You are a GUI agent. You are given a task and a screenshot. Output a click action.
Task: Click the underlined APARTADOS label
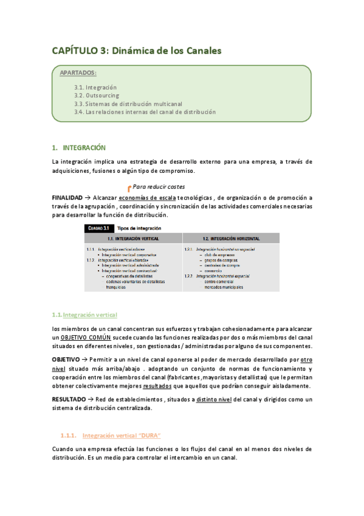[x=78, y=73]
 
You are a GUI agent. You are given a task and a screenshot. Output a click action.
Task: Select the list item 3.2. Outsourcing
[x=97, y=96]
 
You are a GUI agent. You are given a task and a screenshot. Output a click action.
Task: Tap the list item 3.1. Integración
[x=95, y=88]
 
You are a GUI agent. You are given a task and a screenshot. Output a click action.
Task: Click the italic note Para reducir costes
[x=159, y=187]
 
